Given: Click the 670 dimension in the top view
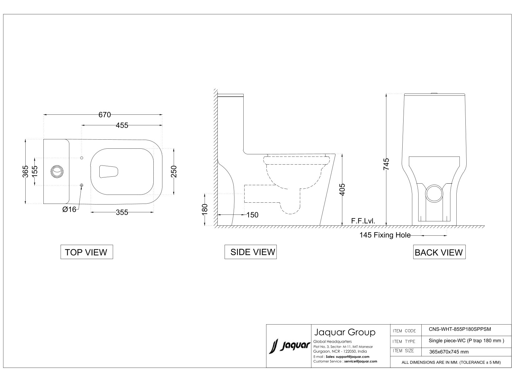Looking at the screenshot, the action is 105,115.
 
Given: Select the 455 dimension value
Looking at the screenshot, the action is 122,125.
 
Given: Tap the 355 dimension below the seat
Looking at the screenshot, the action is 122,212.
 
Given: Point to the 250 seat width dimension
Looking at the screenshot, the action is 174,171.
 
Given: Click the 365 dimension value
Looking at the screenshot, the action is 25,171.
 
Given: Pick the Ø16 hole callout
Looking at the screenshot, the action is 69,209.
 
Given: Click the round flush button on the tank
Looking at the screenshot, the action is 57,171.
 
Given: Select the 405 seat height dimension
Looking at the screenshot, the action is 342,190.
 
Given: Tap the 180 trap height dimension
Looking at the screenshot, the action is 205,209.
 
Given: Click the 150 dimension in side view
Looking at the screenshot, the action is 252,215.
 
